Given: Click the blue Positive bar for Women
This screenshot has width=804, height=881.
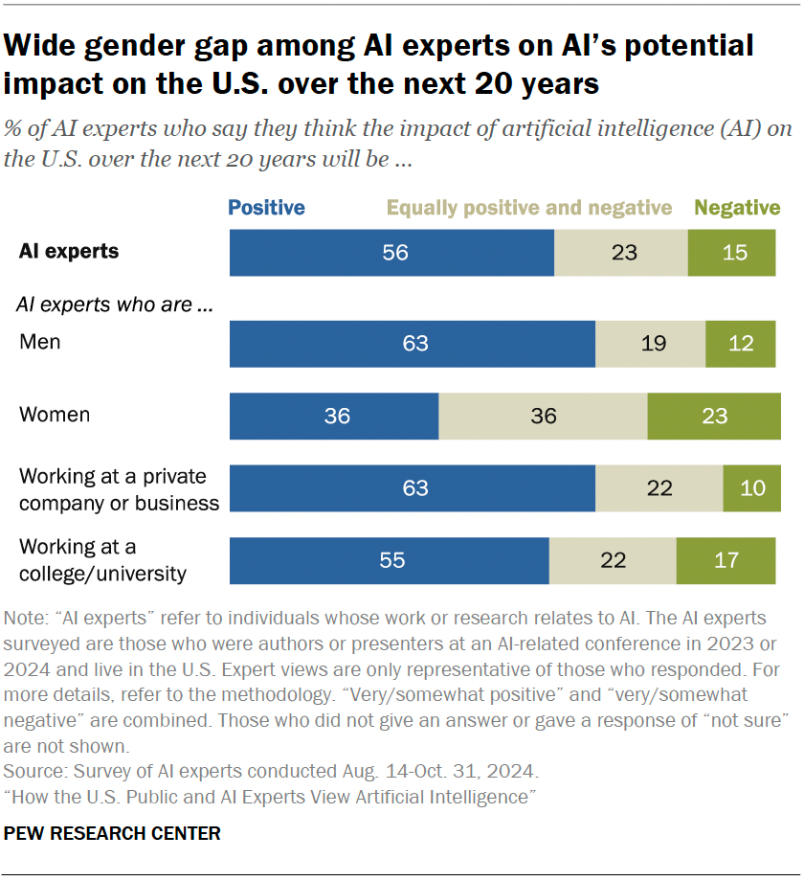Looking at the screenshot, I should click(334, 417).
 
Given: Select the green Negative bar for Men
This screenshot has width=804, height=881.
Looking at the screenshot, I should click(740, 344).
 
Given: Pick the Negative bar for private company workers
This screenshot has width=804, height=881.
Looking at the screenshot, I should click(751, 488).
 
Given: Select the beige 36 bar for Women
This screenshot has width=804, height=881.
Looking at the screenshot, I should click(543, 417).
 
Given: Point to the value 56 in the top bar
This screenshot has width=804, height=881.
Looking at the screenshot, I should click(394, 253).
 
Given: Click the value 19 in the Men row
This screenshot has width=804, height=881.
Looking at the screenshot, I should click(653, 344).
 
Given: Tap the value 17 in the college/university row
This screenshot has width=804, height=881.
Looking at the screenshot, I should click(726, 561).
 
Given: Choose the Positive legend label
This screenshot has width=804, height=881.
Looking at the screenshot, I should click(266, 208).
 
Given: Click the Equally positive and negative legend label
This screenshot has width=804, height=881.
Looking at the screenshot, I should click(529, 208).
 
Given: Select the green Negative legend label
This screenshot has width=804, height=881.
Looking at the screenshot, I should click(737, 208).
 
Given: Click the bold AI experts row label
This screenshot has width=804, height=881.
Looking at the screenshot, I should click(69, 252).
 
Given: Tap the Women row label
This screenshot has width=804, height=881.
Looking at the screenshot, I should click(55, 415).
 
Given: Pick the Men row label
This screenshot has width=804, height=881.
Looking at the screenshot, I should click(40, 342).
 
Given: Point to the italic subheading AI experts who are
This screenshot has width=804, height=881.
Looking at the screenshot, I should click(114, 305).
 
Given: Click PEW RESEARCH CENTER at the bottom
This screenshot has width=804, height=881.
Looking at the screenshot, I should click(112, 834).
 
